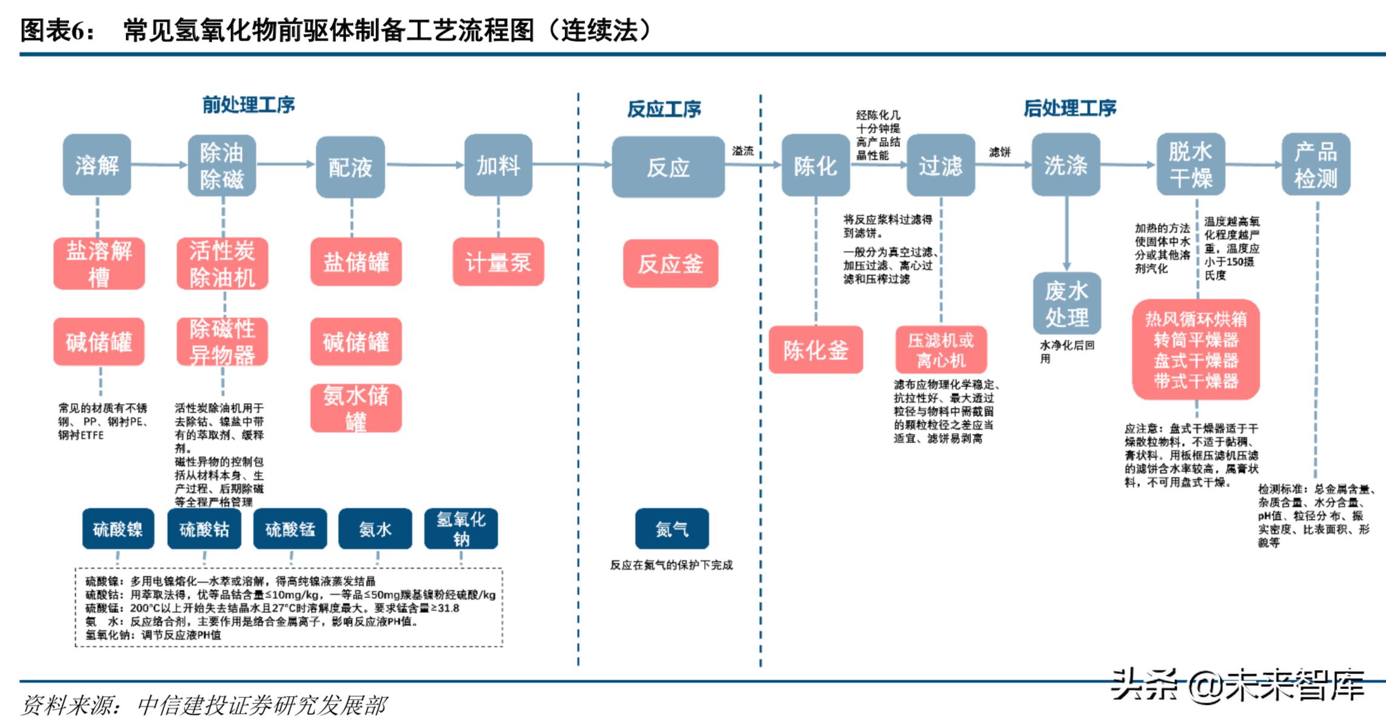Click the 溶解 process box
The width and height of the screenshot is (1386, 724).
(97, 165)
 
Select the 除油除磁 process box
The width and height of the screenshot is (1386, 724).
(221, 165)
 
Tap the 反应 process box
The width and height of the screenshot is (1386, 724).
(668, 167)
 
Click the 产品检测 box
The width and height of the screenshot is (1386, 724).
(1315, 165)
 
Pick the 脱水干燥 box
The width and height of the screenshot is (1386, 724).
(1190, 165)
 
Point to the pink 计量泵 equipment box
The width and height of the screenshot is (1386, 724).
(498, 262)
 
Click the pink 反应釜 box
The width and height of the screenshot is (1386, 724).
(670, 264)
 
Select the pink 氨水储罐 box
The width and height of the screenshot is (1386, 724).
(356, 408)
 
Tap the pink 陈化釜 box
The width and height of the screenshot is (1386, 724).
(815, 350)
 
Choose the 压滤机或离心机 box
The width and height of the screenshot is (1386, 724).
(940, 350)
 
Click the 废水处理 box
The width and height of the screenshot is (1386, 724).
(1066, 304)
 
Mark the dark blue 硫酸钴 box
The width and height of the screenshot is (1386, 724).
(204, 529)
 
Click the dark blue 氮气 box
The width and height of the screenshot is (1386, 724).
(671, 529)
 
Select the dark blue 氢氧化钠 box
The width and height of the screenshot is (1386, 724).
(461, 529)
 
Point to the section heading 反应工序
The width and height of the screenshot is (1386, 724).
(663, 109)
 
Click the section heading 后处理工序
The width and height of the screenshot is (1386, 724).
(1070, 108)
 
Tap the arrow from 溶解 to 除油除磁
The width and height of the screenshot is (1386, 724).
(159, 164)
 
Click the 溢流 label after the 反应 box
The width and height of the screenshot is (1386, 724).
(743, 151)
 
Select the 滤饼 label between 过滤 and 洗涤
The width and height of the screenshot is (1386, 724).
(1000, 152)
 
